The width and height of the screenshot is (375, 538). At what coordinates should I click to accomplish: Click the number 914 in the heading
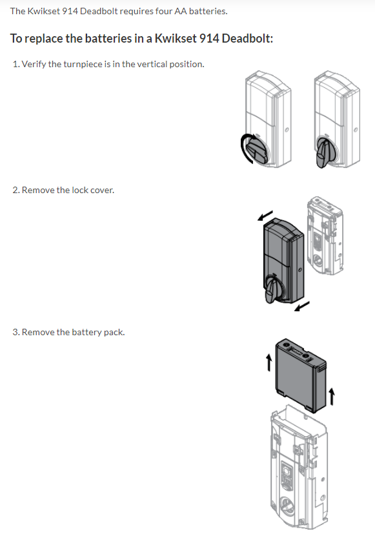coord(209,38)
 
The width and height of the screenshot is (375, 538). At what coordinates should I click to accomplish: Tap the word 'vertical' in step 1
coord(152,64)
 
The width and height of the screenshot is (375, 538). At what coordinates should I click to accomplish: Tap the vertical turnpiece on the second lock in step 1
coord(323,152)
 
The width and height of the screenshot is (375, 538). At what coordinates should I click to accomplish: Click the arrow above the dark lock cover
coord(265,215)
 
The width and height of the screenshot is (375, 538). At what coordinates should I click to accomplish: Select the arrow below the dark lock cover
coord(302,306)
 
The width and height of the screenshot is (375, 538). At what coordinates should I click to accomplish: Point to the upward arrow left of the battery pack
coord(269,363)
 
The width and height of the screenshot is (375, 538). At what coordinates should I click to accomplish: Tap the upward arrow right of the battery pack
coord(332,397)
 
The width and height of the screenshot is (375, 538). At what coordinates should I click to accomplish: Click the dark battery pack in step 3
coord(301,375)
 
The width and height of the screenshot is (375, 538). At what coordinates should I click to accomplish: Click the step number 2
coord(15,190)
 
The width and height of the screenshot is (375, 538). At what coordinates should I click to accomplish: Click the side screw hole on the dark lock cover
coord(300,271)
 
